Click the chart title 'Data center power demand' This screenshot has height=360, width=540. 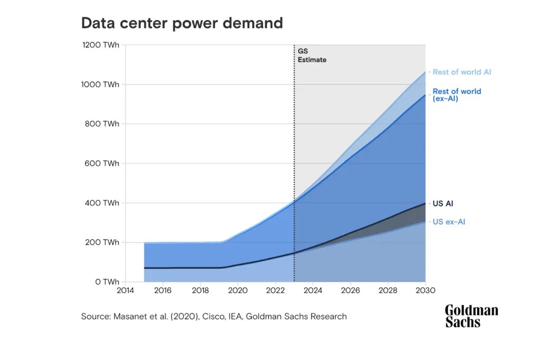point(181,23)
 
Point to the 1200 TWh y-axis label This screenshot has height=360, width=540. point(101,45)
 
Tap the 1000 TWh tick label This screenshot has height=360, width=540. point(101,84)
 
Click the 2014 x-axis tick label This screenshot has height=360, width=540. point(126,290)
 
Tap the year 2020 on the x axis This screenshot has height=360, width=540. point(238,290)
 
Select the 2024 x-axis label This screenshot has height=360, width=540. point(313,290)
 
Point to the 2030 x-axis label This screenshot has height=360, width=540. point(425,290)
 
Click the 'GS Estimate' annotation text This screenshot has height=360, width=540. point(312,55)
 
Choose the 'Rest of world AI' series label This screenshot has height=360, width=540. point(462,72)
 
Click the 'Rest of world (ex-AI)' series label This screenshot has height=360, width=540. point(457,95)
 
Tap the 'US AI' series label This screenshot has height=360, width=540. point(442,203)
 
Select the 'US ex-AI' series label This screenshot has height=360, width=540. point(449,222)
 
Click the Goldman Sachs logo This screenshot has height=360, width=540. point(471,316)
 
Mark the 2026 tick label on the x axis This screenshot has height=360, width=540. point(350,290)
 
